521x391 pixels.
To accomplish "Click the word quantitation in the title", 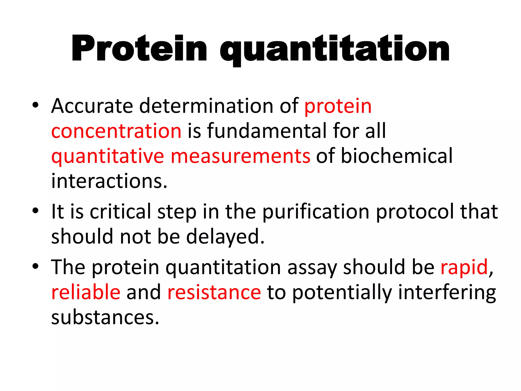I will (335, 50).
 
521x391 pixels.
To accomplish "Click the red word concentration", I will (116, 131).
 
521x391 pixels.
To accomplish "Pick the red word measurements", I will (240, 156).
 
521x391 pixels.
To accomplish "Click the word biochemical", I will (397, 156).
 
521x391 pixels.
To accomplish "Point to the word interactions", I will (109, 181).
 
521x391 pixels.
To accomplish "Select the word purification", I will (316, 212).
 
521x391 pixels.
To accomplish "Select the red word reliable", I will (86, 292).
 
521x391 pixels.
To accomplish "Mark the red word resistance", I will (214, 292).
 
